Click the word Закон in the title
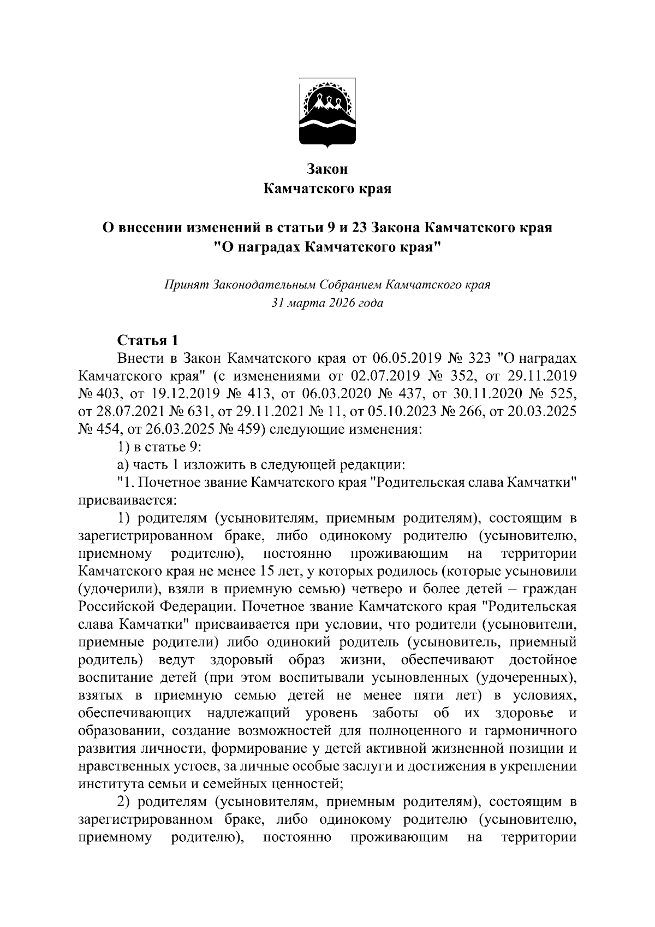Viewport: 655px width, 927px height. [327, 169]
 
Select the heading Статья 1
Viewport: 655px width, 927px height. [148, 340]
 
